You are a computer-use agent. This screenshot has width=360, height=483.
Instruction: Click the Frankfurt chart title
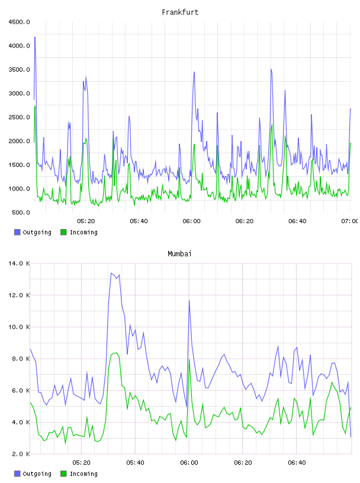tap(180, 12)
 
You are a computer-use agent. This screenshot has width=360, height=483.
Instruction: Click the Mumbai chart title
tap(179, 254)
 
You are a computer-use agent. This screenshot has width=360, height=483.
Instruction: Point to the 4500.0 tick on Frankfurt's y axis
tap(20, 22)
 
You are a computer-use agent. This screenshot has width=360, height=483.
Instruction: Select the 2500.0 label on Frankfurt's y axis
tap(20, 117)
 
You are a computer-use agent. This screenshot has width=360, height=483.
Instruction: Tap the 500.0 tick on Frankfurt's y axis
tap(21, 212)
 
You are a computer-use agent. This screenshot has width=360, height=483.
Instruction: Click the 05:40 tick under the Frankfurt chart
tap(139, 221)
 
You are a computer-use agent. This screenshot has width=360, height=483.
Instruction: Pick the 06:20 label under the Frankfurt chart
tap(245, 221)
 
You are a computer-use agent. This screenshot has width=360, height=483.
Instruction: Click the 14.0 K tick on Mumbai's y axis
tap(20, 263)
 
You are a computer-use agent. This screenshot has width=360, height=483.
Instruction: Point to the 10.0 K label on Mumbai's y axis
tap(20, 327)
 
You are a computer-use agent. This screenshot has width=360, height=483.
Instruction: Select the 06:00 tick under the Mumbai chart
tap(189, 463)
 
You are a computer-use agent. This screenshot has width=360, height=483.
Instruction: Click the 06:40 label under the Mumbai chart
tap(297, 463)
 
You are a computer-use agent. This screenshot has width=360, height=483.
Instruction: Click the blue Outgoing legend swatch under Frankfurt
tap(17, 232)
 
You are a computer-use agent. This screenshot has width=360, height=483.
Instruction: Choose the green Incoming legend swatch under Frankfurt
tap(63, 232)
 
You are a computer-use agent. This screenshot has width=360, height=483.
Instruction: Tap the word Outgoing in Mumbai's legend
tap(37, 474)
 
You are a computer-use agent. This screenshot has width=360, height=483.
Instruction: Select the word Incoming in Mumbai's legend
tap(83, 474)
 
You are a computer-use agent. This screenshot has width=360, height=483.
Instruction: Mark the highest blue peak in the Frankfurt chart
tap(35, 37)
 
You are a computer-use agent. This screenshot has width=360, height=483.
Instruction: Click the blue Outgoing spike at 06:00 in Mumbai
tap(189, 301)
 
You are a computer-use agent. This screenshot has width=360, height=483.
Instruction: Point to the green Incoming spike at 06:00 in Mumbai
tap(189, 360)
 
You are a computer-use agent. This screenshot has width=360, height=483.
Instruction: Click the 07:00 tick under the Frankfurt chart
tap(349, 221)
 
